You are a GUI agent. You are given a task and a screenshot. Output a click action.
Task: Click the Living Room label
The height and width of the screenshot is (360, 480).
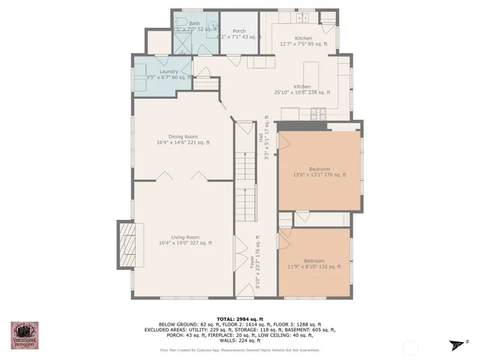pos(185,239)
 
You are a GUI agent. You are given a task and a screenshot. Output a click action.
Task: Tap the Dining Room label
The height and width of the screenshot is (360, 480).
pos(183,139)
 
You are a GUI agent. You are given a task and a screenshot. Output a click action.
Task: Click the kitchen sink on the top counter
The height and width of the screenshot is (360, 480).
pos(304,17)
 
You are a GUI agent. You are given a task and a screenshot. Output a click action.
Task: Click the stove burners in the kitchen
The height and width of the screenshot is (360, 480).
pos(318,114)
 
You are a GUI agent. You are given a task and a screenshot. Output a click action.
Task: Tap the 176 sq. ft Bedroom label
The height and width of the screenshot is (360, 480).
pos(319,172)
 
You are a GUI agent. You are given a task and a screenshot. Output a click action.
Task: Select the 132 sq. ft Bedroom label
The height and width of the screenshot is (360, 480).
pos(314,263)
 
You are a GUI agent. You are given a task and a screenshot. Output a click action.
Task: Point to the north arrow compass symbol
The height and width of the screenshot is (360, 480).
pos(456,343)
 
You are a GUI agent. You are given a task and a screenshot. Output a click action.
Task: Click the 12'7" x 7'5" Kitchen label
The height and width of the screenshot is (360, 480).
pos(303,41)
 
